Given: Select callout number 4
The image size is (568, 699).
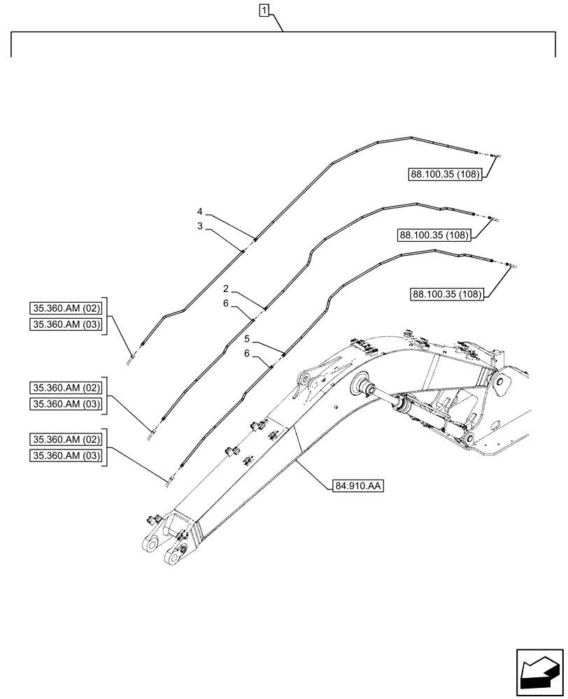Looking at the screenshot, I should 200,211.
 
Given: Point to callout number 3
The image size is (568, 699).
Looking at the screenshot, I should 200,226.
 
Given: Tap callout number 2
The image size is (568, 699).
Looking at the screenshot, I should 226,288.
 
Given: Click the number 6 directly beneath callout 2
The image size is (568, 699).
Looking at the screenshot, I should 226,303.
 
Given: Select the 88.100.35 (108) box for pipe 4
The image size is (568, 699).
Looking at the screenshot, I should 446,175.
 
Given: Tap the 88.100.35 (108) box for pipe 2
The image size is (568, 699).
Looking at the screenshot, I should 434,235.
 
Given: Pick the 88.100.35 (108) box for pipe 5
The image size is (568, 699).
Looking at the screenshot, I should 446,294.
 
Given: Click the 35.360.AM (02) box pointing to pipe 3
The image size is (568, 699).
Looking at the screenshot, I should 66,308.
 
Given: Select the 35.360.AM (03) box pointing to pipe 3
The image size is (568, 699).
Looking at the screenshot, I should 66,324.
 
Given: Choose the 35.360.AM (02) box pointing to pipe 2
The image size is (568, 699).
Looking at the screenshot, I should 66,388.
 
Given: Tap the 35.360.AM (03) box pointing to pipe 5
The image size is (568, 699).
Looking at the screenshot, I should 66,456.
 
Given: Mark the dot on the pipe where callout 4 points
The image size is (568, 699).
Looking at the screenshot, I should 255,240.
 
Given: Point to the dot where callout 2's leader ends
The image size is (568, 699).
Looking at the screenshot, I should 265,308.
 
